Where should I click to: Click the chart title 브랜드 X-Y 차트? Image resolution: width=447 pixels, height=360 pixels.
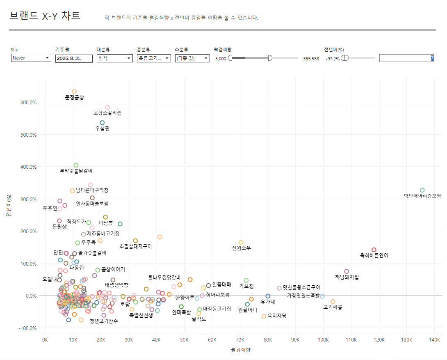coord(45,16)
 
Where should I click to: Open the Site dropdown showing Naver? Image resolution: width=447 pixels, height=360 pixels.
coord(31,58)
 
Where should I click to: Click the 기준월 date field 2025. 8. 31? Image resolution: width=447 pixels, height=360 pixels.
coord(74,58)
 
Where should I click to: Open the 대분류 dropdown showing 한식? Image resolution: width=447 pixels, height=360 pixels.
coord(114,58)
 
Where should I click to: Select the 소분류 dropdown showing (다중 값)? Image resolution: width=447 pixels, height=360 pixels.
coord(192,58)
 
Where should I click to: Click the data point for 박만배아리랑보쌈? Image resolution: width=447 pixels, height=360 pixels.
coord(422,190)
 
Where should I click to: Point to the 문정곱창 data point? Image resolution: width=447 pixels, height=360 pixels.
coord(74,91)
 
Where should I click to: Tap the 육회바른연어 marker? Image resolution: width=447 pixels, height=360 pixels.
coord(374,250)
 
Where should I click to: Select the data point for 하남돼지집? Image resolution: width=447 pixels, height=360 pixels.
coord(347,271)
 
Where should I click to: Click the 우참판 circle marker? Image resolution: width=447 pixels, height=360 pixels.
coord(102,123)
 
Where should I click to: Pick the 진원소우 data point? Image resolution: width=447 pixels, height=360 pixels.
coord(241,242)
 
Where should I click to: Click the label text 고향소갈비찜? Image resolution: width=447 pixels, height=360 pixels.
coord(107,113)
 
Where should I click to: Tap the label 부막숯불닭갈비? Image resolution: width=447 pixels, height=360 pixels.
coord(76,171)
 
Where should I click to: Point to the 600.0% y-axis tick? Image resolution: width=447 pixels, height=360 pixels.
coord(28,103)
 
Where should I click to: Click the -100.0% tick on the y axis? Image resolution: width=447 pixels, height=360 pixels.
coord(28,328)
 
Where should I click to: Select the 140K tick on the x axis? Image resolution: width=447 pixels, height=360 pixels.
coord(434,340)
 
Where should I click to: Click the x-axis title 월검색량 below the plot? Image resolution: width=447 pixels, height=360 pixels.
coord(241,350)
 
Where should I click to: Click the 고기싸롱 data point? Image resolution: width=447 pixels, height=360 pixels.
coord(333,301)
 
